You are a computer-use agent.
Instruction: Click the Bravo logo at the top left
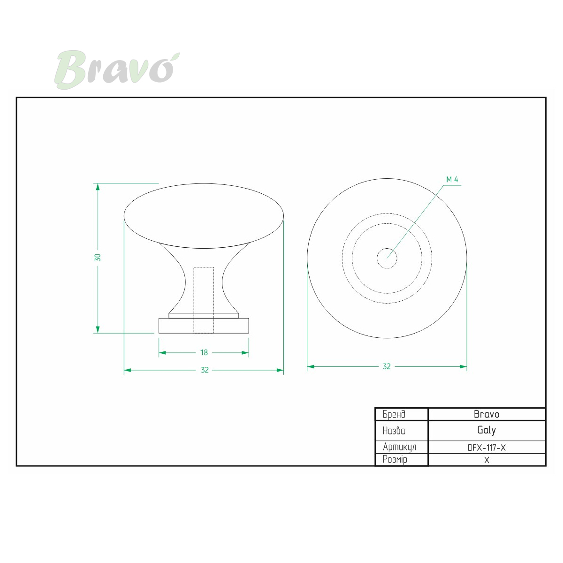[x=117, y=70]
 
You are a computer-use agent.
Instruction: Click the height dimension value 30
[x=98, y=258]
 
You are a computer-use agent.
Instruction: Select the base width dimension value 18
[x=204, y=352]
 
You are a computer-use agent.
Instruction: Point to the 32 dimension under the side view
[x=205, y=370]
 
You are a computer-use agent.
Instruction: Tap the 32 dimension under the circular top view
[x=387, y=366]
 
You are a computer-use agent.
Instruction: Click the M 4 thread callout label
[x=452, y=179]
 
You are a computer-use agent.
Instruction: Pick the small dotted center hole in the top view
[x=387, y=258]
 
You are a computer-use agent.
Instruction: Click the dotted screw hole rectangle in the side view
[x=204, y=300]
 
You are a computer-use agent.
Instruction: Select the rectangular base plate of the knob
[x=204, y=326]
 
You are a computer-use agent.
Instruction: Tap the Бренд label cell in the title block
[x=402, y=414]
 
